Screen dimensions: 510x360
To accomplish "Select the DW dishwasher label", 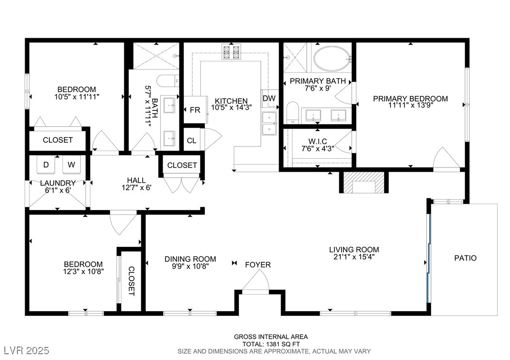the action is (269, 98).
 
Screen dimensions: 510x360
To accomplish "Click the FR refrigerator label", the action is (195, 110).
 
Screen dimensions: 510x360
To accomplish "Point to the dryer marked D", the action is (46, 165).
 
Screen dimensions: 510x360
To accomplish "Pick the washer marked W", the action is (71, 165).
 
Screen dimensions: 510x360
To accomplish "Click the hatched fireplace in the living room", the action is (364, 182).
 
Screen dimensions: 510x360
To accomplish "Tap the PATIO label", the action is (465, 258).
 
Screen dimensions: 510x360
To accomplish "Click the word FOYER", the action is (258, 265).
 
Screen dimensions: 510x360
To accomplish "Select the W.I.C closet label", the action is (318, 141).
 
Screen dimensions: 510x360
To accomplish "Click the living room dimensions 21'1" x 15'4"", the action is (354, 257).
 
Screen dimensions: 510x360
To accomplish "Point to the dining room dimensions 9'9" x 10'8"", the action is (190, 266).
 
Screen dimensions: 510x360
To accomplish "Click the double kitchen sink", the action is (270, 123).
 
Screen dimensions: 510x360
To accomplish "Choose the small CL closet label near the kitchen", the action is (192, 140).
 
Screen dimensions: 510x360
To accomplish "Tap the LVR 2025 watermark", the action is (27, 350).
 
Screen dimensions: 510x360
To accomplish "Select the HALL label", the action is (136, 180).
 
